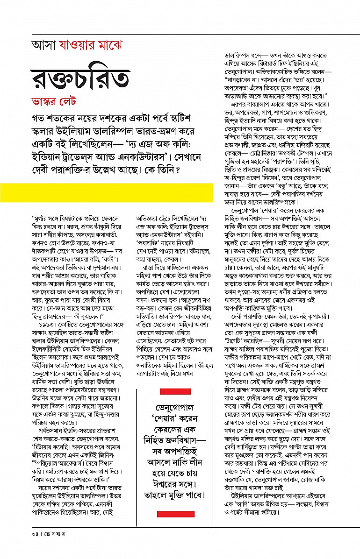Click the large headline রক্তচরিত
79,78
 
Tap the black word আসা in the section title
43,46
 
